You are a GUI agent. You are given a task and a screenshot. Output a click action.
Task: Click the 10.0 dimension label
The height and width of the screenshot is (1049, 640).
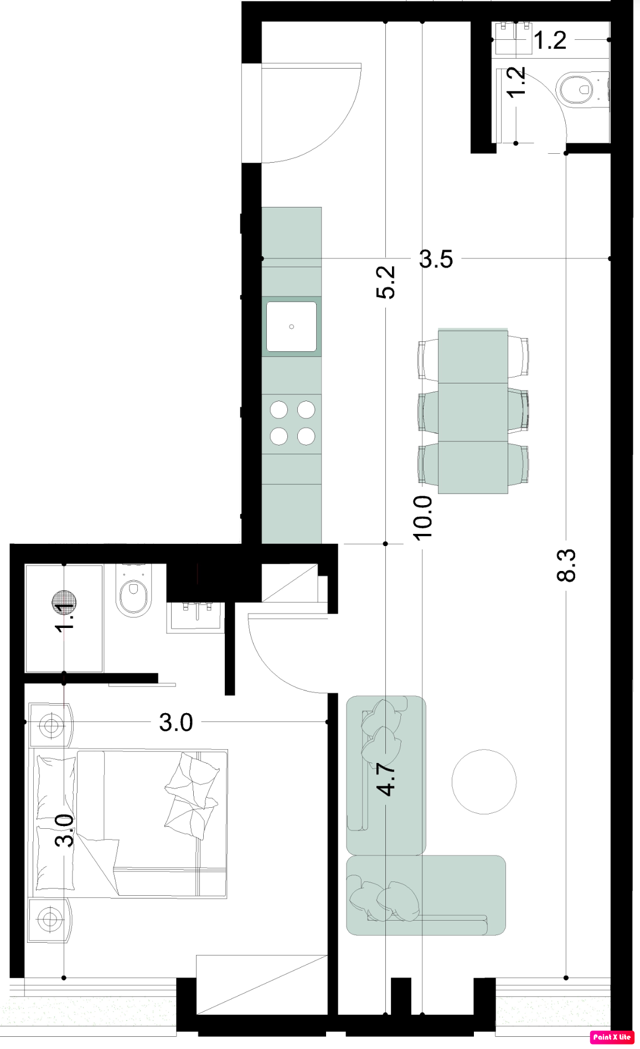(x=422, y=518)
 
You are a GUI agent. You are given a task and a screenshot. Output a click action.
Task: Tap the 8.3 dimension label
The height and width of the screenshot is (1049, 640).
(x=566, y=565)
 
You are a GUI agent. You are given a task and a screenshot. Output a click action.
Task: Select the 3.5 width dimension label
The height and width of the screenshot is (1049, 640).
(x=436, y=259)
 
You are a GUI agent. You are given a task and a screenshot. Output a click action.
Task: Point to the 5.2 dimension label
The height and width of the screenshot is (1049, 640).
(x=386, y=282)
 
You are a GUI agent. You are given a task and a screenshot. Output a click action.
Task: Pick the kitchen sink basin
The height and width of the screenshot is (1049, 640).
(x=291, y=326)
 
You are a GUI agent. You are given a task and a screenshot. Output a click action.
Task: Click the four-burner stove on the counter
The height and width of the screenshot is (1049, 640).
(x=292, y=423)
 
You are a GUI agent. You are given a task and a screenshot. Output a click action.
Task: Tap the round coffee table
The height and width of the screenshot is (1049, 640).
(x=484, y=782)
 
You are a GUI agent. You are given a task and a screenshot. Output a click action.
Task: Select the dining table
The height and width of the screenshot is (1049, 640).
(x=473, y=411)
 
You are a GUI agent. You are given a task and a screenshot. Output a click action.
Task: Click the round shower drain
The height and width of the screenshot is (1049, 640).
(x=64, y=601)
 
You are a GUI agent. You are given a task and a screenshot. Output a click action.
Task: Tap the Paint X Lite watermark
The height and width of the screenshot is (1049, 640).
(x=612, y=1037)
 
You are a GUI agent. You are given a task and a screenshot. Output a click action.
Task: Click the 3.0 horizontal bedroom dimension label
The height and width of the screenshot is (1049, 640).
(x=176, y=723)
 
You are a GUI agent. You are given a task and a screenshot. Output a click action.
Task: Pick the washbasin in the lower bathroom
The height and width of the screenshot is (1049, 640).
(x=197, y=615)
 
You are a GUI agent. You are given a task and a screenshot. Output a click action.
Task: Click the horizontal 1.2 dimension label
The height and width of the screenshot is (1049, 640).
(x=550, y=40)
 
